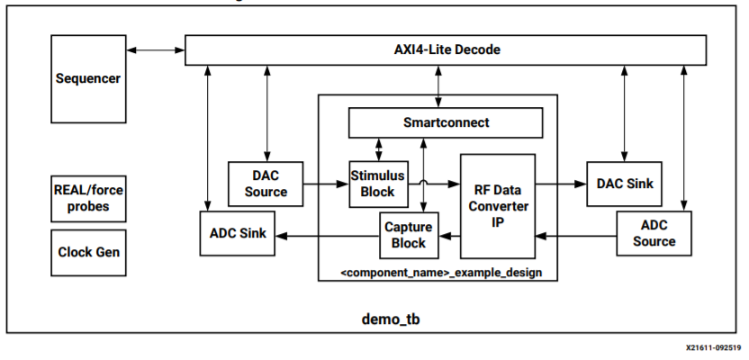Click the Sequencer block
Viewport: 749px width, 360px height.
(x=87, y=79)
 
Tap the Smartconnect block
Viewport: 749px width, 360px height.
(x=446, y=121)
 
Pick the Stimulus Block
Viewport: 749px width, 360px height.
(x=377, y=184)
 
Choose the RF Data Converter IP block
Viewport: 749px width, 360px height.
(x=497, y=205)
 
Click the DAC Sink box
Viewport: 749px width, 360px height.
(x=624, y=183)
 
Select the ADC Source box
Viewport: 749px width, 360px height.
(x=654, y=234)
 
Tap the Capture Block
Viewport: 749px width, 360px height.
(x=407, y=235)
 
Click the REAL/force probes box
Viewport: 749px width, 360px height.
(x=87, y=198)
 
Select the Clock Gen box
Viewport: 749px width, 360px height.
(x=87, y=252)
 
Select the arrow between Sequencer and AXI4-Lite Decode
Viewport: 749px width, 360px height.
(x=154, y=49)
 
